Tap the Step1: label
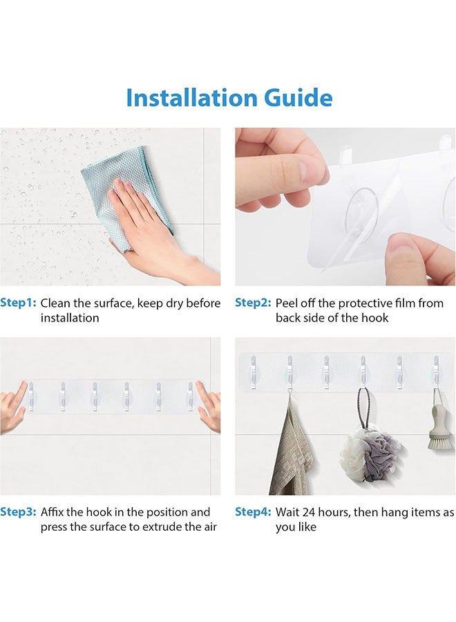point(18,303)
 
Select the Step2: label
point(253,303)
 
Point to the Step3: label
point(18,512)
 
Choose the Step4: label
point(253,512)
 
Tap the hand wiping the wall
point(159,230)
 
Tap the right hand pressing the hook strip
point(209,408)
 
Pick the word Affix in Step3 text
point(52,512)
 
